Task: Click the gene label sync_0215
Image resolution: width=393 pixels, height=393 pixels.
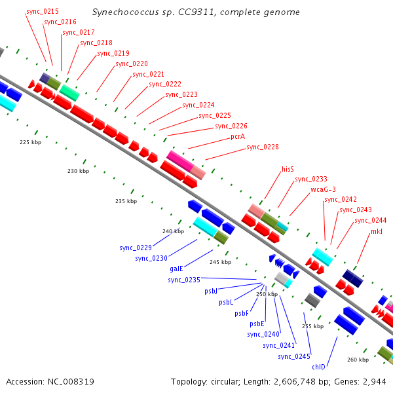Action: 43,12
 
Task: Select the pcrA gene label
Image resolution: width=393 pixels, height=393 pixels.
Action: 238,137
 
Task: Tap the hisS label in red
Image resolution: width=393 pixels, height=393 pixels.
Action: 288,169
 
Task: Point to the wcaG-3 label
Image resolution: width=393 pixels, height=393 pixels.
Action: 323,189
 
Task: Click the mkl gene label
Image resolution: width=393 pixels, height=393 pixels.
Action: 377,231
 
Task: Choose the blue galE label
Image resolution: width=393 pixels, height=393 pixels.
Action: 176,269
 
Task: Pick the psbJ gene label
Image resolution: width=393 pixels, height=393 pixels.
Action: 211,291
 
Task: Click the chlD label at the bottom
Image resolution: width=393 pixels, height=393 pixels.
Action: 318,367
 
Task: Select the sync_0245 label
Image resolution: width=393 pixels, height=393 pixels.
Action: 294,357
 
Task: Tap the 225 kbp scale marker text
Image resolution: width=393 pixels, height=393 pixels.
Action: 31,142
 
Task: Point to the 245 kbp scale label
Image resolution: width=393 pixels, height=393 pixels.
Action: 221,262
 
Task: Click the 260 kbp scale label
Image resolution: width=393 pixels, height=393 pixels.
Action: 358,360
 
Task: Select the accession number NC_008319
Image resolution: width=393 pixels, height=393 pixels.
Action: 71,382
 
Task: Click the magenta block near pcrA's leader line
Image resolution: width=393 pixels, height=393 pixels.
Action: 180,160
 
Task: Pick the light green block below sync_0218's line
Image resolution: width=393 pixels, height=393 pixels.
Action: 69,93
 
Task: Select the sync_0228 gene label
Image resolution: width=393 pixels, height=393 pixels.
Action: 263,147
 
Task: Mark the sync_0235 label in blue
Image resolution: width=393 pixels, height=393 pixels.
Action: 184,280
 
